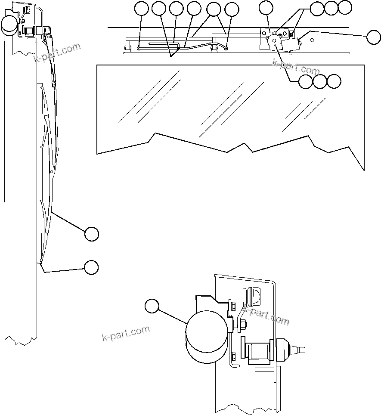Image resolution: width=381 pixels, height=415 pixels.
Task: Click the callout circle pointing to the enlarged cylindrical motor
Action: [x=152, y=306]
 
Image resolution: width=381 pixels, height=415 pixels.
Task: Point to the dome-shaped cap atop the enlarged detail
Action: [x=254, y=296]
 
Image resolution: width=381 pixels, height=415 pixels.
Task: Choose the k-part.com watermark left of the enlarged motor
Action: [x=126, y=333]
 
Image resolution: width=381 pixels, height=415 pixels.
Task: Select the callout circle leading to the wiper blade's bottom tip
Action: [x=91, y=267]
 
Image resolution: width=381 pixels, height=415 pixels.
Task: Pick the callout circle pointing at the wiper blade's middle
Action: [x=91, y=234]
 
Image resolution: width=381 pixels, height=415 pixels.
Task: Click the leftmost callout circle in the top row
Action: [x=141, y=8]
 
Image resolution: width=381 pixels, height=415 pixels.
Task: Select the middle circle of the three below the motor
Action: [x=320, y=81]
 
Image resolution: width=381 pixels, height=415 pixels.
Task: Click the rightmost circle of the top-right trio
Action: [x=345, y=7]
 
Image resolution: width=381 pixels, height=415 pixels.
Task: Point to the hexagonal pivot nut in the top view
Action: [x=275, y=40]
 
